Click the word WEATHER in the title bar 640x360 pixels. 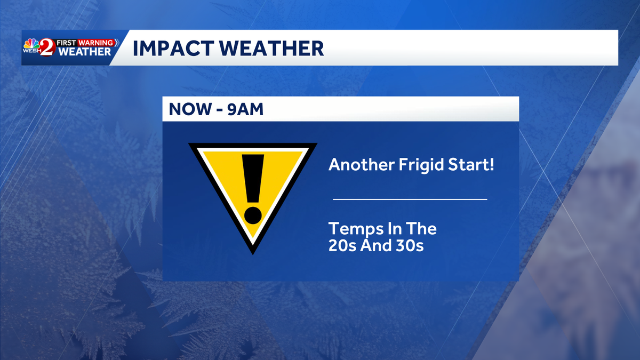click(271, 49)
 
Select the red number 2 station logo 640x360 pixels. click(47, 47)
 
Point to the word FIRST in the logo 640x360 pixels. click(66, 43)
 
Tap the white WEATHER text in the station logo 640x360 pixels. click(85, 52)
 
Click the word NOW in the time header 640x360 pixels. click(190, 109)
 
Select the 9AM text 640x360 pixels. click(245, 109)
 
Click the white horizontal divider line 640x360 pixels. click(410, 199)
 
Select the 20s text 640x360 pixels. click(342, 245)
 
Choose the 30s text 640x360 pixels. click(410, 245)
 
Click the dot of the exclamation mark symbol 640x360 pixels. click(253, 215)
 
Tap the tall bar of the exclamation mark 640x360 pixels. click(253, 179)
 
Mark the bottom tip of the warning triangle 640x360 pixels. click(253, 254)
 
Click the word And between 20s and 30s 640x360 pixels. click(375, 245)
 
